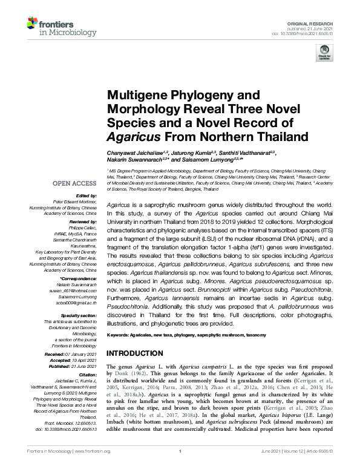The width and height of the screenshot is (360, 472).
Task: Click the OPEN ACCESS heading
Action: [74, 182]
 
